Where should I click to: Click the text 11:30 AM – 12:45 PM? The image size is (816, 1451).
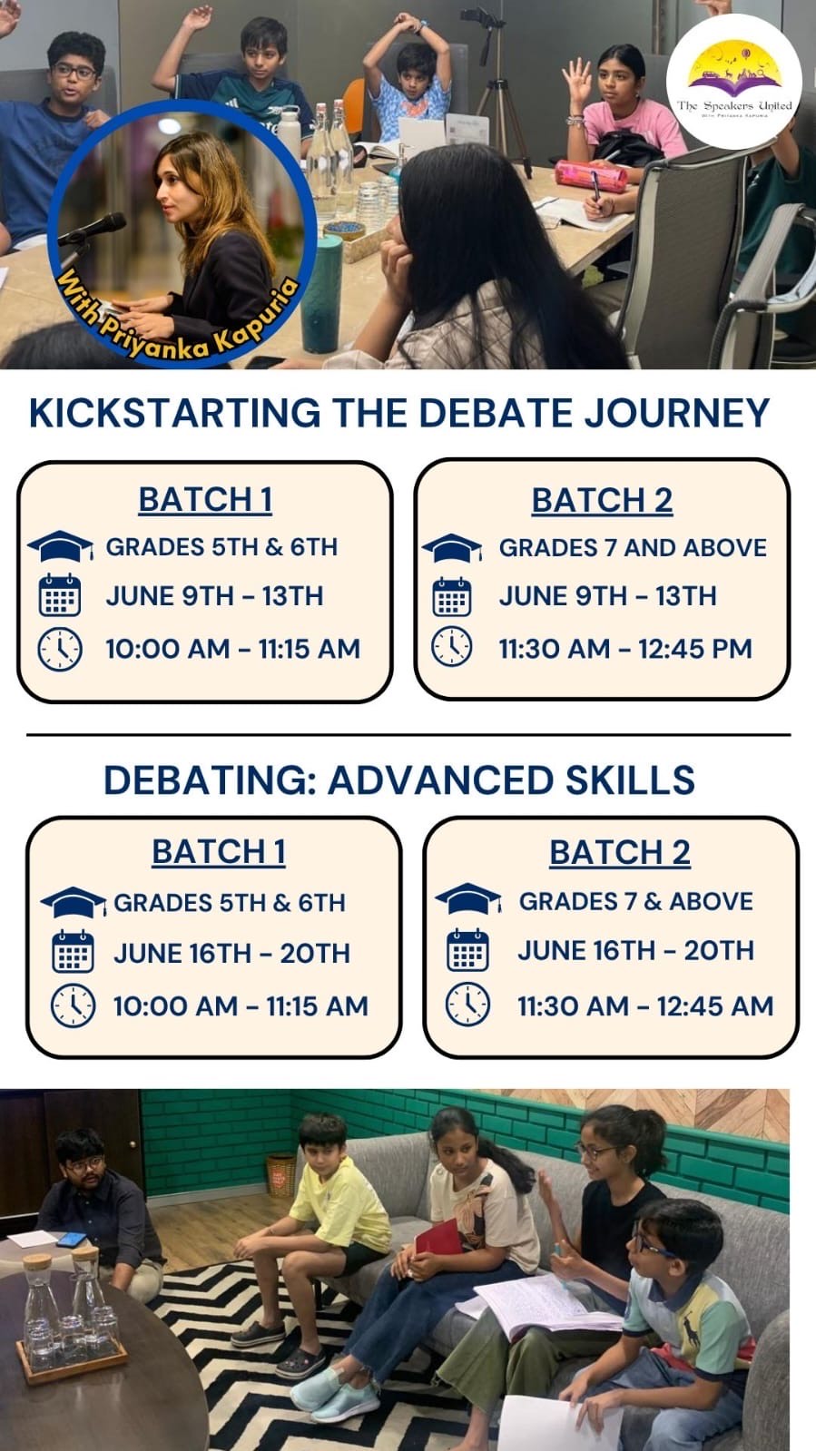coord(625,649)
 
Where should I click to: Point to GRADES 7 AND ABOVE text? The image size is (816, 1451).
coord(633,548)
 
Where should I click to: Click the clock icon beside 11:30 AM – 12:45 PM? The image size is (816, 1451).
coord(452,646)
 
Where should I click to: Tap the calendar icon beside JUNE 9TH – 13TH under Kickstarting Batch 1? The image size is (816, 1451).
coord(60,595)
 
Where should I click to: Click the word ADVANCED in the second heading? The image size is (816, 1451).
coord(441,779)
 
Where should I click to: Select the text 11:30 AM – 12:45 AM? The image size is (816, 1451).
coord(645,1006)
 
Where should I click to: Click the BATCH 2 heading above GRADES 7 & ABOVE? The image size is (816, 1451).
coord(620,852)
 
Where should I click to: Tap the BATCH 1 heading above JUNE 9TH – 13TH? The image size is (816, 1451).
coord(205,499)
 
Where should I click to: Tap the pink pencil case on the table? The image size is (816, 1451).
coord(591,176)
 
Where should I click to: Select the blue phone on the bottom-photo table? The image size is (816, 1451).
coord(72,1240)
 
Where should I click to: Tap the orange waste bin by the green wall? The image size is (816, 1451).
coord(280,1175)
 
